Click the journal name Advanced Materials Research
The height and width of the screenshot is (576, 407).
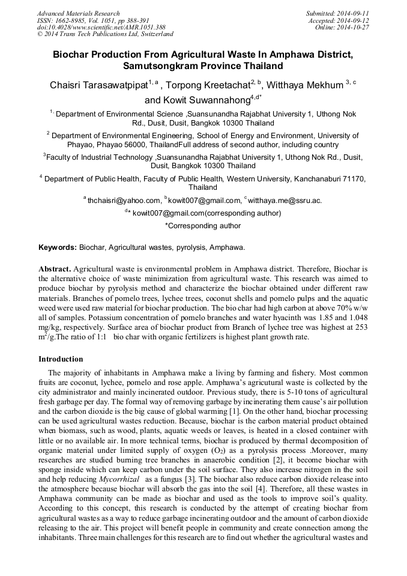tap(78, 13)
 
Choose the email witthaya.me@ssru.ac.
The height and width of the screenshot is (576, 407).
tap(285, 201)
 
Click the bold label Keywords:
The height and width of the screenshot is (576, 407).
tap(58, 247)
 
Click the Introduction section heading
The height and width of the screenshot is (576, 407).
tap(61, 359)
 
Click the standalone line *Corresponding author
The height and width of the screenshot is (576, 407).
tap(203, 226)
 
